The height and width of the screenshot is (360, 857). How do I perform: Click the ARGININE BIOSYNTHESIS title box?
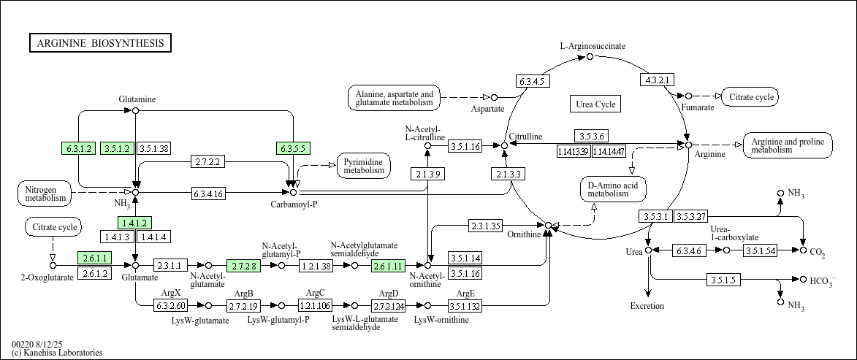[100, 43]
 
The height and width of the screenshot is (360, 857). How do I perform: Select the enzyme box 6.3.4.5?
[533, 81]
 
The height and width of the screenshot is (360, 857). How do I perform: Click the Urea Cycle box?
[595, 104]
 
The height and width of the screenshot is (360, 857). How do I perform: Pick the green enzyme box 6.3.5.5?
[293, 148]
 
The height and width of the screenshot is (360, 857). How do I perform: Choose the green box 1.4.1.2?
[135, 223]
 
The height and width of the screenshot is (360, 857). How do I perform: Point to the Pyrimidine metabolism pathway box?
[363, 166]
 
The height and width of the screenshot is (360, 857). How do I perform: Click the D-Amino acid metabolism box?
[613, 189]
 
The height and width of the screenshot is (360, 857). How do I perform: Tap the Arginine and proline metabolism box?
[787, 145]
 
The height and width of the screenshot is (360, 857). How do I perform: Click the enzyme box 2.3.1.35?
[485, 226]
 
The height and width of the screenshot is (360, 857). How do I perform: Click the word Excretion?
[647, 306]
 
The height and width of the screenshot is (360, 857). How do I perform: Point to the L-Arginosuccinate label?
[593, 46]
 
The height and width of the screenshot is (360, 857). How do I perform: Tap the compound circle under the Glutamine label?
[135, 110]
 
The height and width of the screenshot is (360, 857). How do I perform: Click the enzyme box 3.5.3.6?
[591, 136]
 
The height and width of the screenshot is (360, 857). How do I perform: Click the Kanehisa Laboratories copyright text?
[57, 353]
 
